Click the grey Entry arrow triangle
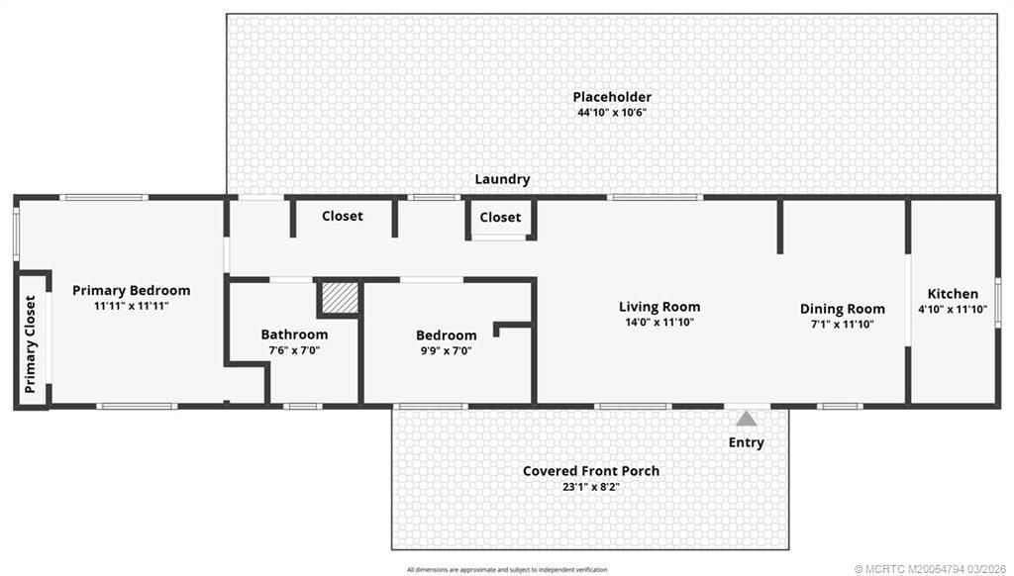tap(746, 419)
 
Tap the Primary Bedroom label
tap(132, 291)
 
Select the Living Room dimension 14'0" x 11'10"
tap(659, 323)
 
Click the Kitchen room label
tap(953, 294)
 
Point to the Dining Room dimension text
tap(842, 325)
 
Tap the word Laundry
tap(502, 180)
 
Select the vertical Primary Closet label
tap(31, 344)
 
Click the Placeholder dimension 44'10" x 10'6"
tap(612, 113)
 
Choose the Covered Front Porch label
tap(591, 471)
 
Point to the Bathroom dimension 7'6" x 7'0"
tap(294, 350)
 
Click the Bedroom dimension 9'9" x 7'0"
tap(446, 350)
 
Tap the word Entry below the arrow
tap(746, 442)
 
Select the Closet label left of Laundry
tap(343, 216)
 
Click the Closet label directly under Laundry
tap(500, 218)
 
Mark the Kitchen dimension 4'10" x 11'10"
tap(953, 310)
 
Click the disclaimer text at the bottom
tap(507, 569)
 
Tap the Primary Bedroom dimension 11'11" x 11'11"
tap(132, 307)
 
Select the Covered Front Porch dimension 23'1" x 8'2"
tap(591, 487)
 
